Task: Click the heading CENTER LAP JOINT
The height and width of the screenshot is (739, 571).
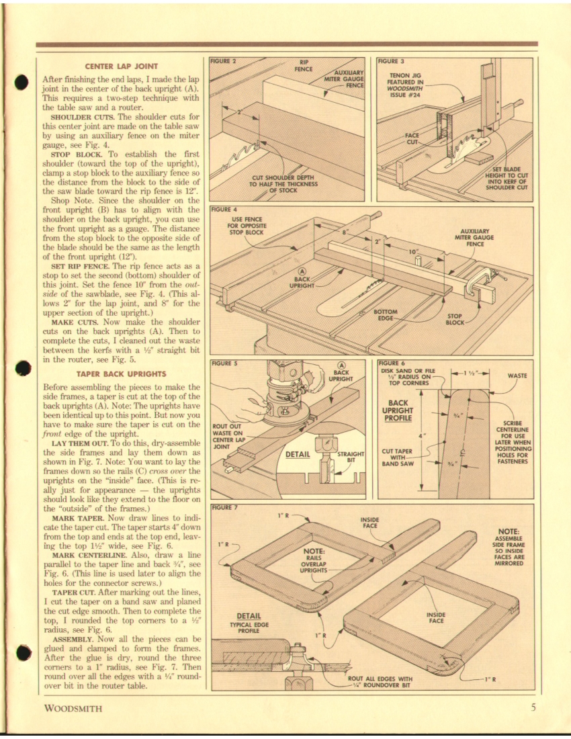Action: click(x=121, y=67)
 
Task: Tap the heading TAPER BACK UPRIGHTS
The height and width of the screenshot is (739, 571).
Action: click(x=121, y=374)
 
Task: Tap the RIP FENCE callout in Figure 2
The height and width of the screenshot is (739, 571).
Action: click(x=304, y=66)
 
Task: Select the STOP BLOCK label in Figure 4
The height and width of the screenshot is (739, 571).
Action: click(x=455, y=319)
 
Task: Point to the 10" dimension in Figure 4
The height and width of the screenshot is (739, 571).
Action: click(x=413, y=252)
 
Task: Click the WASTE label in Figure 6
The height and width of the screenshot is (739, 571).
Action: click(x=517, y=376)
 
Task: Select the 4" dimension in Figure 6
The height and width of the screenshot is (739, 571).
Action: click(x=423, y=435)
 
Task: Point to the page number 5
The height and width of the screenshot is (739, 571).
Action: click(x=533, y=707)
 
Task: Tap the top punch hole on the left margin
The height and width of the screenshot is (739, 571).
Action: click(x=21, y=81)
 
